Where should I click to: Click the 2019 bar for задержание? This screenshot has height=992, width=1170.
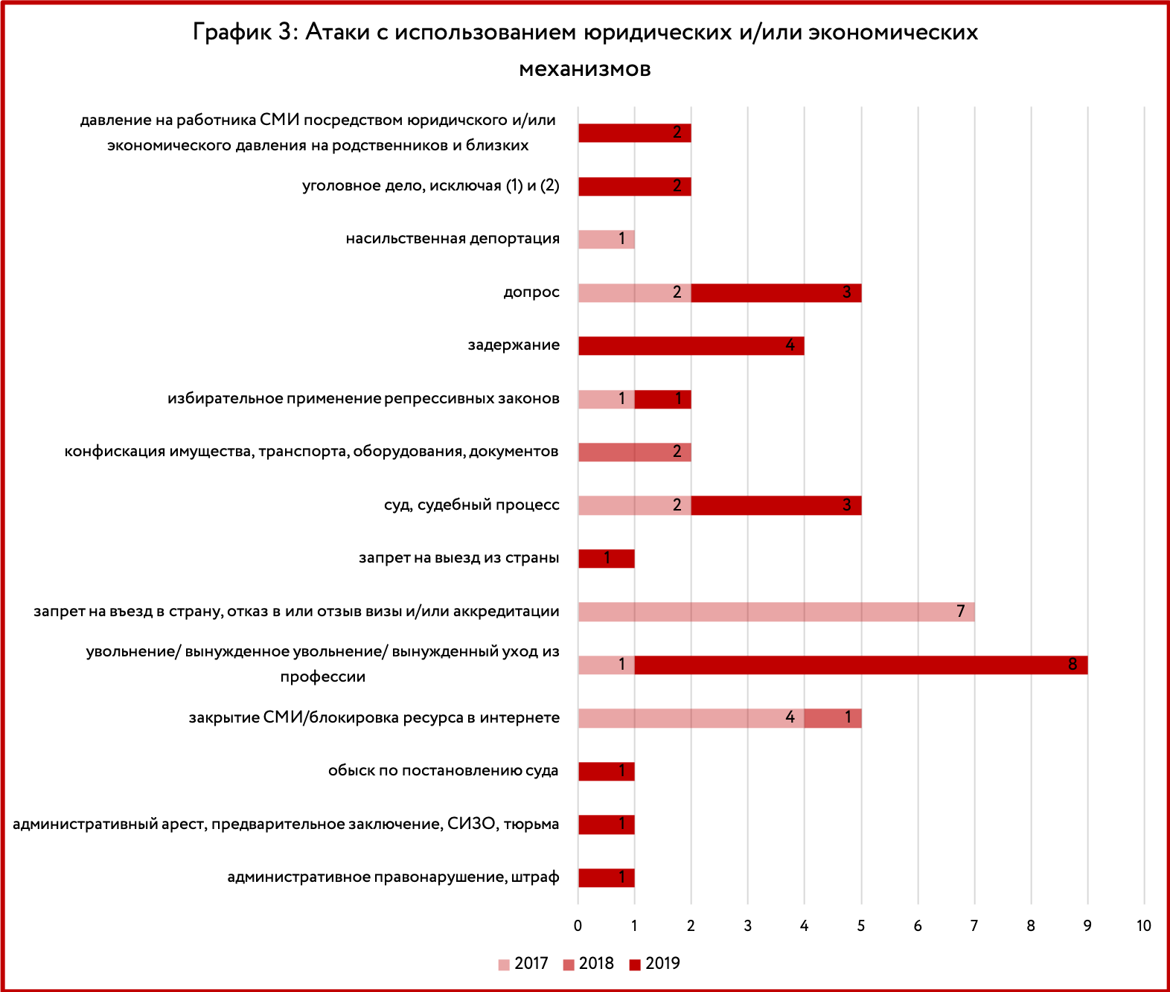click(x=691, y=346)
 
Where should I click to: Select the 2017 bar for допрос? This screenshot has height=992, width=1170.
click(x=635, y=292)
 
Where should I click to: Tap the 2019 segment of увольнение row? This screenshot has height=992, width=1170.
click(x=861, y=665)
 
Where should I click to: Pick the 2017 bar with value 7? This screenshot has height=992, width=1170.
click(x=776, y=612)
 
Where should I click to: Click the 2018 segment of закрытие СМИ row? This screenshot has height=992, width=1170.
click(x=833, y=718)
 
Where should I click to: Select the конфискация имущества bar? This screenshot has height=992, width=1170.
click(x=635, y=452)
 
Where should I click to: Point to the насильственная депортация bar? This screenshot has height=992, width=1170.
click(x=607, y=240)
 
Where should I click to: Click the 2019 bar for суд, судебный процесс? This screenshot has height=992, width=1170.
click(x=776, y=505)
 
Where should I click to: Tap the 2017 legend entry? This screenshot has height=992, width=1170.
click(x=523, y=964)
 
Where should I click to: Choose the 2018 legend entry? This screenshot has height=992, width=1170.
click(x=589, y=964)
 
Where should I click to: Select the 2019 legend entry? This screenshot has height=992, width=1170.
click(x=654, y=964)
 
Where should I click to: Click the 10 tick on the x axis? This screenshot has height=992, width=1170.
click(x=1144, y=926)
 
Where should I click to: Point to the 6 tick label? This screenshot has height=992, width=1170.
click(x=918, y=926)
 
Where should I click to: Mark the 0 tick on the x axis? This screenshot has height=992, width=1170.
click(x=578, y=926)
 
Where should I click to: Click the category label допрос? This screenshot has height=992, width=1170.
click(x=531, y=292)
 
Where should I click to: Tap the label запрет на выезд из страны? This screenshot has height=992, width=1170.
click(x=459, y=558)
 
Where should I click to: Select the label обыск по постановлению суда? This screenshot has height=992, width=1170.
click(x=443, y=771)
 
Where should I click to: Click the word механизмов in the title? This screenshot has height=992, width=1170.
click(x=585, y=69)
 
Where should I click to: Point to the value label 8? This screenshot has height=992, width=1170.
click(x=1072, y=665)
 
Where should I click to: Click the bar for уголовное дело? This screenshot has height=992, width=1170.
click(x=635, y=186)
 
